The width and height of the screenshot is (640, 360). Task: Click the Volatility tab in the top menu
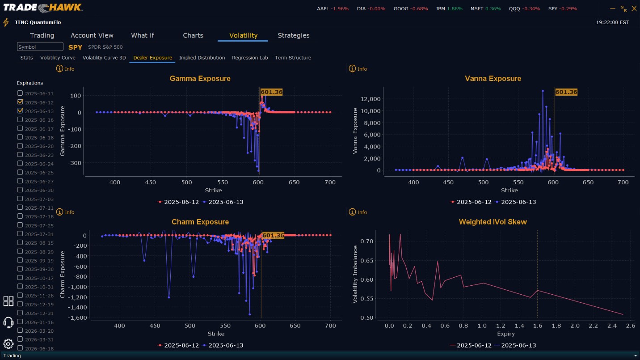pos(243,35)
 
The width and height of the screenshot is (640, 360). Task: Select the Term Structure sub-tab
pos(293,58)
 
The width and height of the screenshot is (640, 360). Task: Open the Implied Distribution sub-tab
pos(202,58)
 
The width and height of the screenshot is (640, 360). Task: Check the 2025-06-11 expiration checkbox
pos(20,93)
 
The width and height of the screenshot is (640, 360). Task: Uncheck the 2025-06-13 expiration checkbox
pos(20,110)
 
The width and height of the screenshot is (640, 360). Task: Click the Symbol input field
pos(40,47)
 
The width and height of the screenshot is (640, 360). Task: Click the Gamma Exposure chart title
pos(200,78)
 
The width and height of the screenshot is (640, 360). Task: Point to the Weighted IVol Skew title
pos(493,222)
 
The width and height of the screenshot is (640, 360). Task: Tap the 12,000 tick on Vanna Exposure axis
pos(371,99)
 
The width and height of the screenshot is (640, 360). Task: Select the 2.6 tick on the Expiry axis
pos(631,326)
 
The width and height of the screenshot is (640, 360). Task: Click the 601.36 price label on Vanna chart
pos(566,92)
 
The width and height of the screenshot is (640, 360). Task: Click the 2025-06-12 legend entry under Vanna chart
pos(471,202)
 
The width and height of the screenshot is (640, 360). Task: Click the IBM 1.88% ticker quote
pos(449,8)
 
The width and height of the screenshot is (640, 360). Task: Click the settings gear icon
pos(8,343)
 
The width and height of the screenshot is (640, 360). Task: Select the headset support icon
pos(8,322)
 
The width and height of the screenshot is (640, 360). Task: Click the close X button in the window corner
pos(634,8)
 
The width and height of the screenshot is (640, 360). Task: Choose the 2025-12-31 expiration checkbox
pos(20,313)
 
